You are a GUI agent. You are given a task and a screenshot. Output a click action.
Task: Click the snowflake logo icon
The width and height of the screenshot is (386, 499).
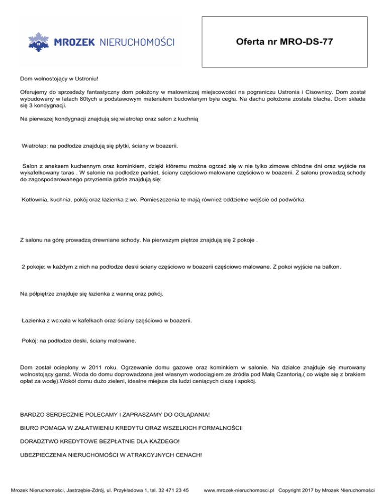tap(38, 42)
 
